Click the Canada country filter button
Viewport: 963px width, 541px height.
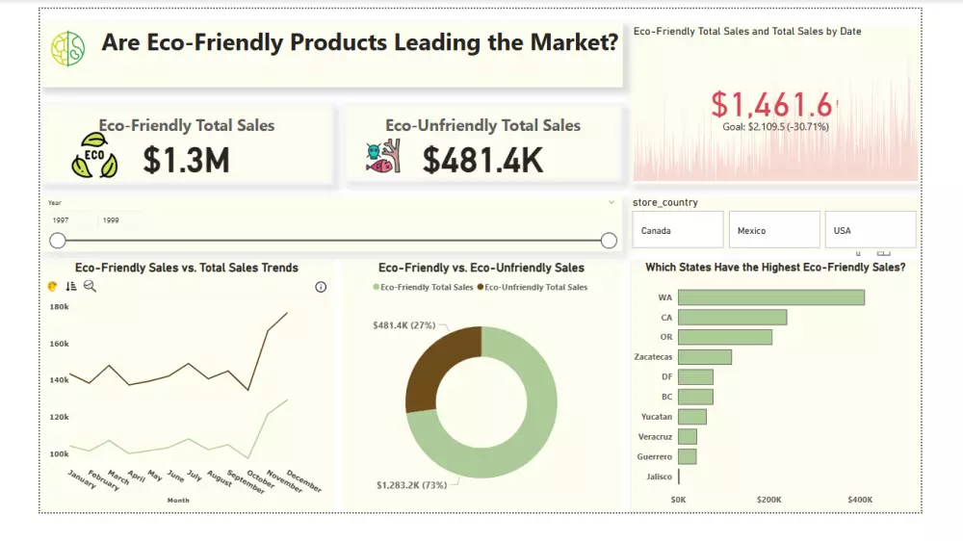[677, 231]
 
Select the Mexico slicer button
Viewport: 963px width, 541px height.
[773, 231]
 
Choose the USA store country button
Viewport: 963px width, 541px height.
[870, 231]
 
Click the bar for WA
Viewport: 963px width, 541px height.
[770, 297]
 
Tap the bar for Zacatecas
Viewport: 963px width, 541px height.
[704, 357]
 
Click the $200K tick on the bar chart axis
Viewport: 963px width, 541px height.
[769, 500]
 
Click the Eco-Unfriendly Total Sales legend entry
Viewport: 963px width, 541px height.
[534, 287]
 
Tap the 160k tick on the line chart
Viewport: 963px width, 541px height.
[59, 344]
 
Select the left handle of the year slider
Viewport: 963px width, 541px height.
[58, 241]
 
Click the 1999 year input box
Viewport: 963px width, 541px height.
[119, 220]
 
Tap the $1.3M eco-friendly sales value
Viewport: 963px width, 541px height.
[186, 161]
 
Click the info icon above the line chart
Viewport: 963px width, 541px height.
[321, 287]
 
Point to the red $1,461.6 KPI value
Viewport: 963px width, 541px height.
[772, 104]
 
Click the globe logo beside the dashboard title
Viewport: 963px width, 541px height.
[68, 48]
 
